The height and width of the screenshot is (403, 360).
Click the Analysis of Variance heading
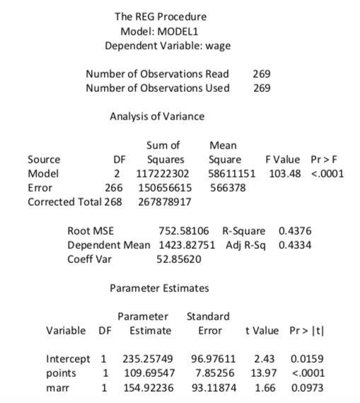tap(157, 117)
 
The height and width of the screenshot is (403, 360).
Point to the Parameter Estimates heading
tap(160, 288)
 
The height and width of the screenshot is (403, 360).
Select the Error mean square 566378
tap(227, 188)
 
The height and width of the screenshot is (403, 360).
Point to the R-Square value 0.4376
tap(295, 231)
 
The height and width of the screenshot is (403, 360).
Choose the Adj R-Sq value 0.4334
tap(295, 245)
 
